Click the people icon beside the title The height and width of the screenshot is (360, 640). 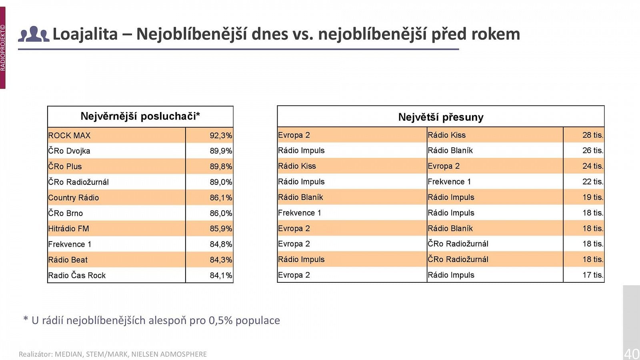pos(34,34)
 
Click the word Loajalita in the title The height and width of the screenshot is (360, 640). pos(85,34)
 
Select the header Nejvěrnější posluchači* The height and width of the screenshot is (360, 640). pos(140,116)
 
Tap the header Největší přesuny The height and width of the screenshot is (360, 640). pos(440,117)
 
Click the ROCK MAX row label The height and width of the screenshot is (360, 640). pos(69,136)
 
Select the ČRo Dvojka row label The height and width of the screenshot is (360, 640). pos(69,151)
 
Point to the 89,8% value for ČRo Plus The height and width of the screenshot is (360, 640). pos(220,166)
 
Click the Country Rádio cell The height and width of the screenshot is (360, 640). pos(74,198)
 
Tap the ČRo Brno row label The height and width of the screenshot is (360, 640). pos(66,213)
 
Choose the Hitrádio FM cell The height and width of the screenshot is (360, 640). pos(68,229)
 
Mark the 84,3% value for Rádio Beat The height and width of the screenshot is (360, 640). pos(220,260)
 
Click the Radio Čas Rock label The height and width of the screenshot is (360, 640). pos(77,275)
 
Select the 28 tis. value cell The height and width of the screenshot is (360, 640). pos(592,135)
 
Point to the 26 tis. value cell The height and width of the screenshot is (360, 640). pos(592,150)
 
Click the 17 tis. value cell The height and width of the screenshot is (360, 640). pos(592,275)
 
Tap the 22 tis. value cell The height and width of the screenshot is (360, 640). pos(592,182)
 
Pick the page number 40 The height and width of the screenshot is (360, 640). pos(632,354)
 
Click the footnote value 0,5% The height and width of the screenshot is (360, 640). pos(220,320)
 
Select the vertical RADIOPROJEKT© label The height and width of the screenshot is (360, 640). pos(3,48)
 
